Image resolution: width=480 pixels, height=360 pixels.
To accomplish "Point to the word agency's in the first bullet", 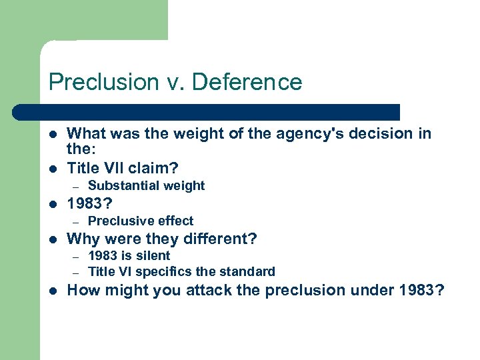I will (304, 134).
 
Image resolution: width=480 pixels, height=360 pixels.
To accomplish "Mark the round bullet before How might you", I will (53, 291).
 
